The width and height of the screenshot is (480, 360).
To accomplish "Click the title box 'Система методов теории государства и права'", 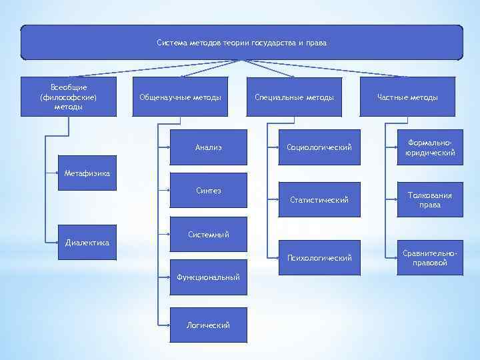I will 241,43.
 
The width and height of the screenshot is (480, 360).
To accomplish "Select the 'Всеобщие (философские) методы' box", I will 69,97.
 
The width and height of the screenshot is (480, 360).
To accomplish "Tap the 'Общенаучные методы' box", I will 180,97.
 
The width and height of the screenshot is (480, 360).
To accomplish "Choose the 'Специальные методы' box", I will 294,97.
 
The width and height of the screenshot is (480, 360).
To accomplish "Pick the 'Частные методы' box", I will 407,97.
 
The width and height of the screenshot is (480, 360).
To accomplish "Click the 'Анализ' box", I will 209,147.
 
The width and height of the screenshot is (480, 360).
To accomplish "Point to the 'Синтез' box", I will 209,191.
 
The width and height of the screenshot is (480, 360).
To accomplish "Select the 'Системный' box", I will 209,235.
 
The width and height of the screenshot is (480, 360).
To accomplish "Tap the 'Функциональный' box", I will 209,277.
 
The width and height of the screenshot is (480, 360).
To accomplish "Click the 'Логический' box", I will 209,325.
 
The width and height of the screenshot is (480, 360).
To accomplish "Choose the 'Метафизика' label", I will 87,174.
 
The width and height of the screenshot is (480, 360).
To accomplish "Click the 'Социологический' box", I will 319,147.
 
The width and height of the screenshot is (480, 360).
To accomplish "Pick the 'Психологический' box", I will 319,257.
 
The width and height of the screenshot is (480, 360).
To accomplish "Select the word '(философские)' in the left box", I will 69,97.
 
